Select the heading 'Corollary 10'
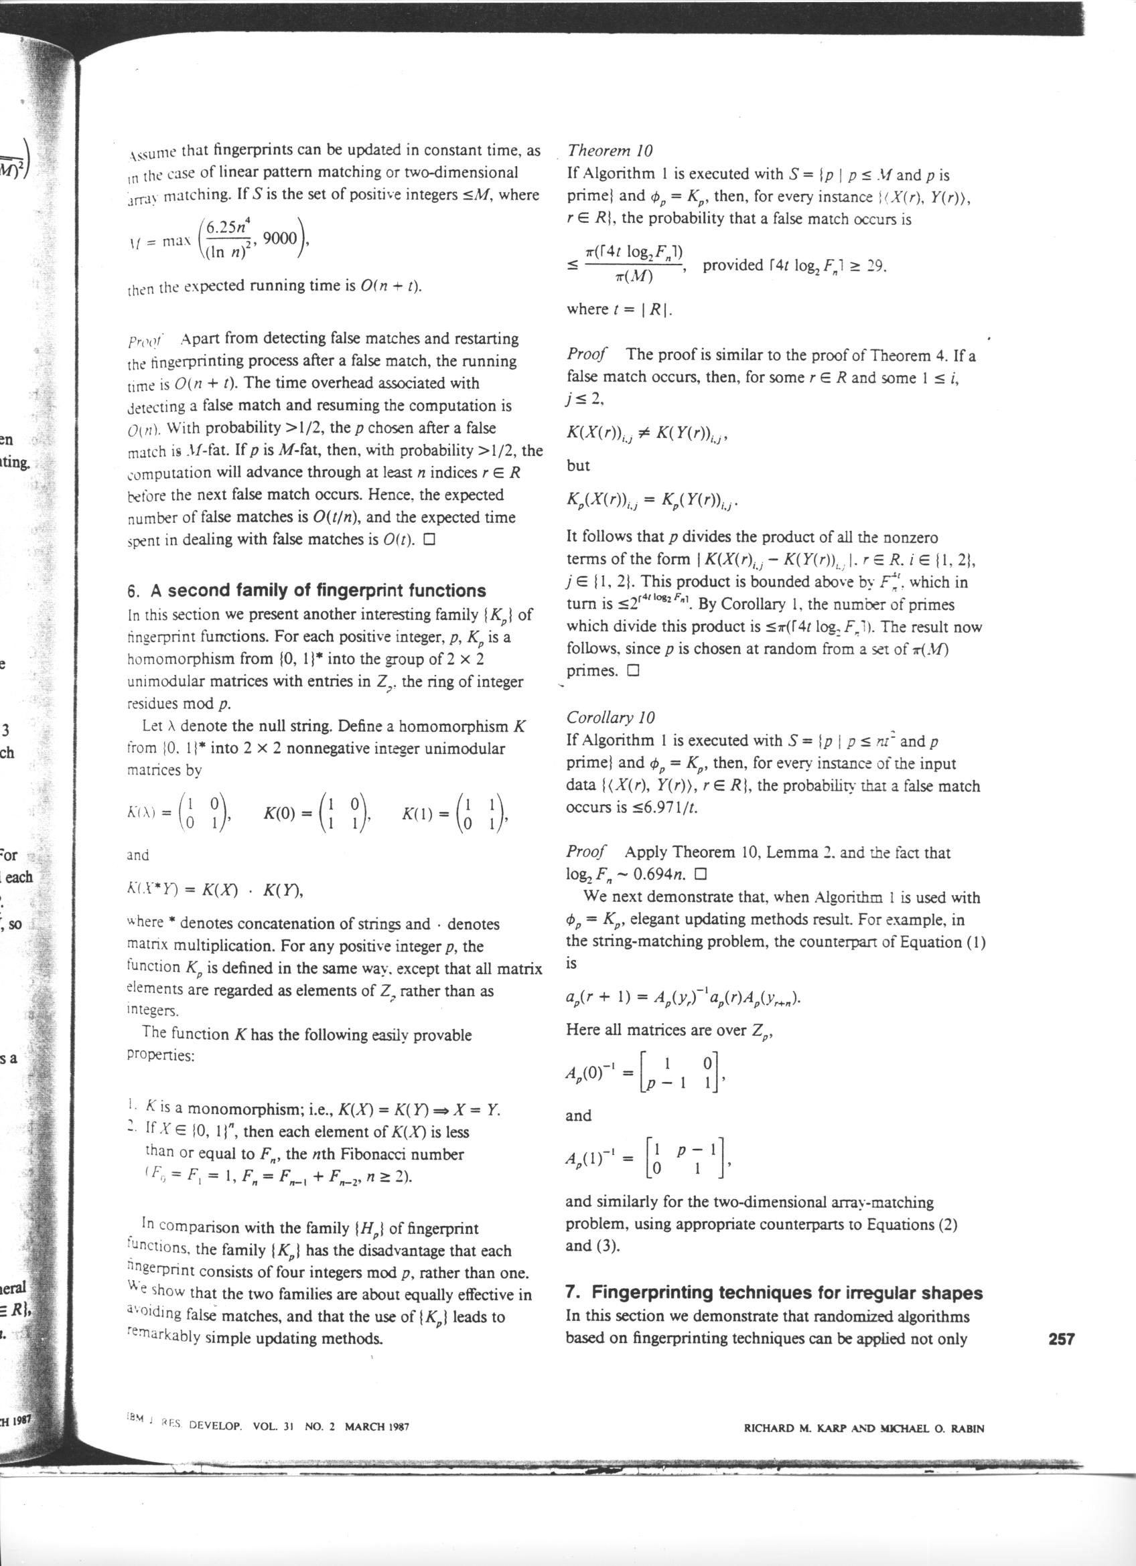pos(610,718)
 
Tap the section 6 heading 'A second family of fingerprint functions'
pos(307,591)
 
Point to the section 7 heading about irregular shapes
pos(774,1293)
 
